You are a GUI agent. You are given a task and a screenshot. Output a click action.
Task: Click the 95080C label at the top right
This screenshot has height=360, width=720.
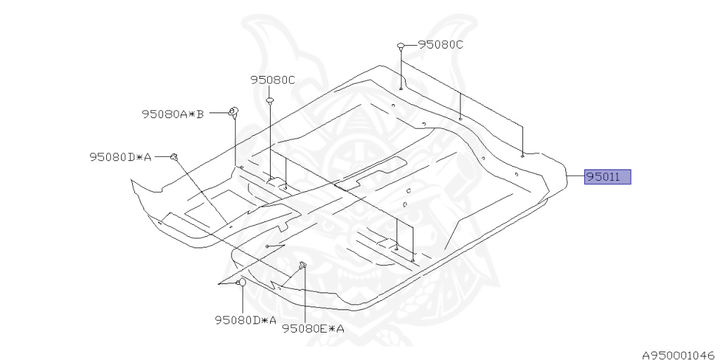point(441,44)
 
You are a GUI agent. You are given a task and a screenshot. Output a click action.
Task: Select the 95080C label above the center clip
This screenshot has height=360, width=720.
point(273,80)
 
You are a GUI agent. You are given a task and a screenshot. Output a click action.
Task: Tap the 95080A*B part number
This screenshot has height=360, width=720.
point(172,113)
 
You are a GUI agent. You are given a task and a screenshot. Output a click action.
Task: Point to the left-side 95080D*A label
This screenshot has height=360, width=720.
point(120,157)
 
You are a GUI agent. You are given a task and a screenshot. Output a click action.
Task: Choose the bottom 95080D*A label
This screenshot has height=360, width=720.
point(245,321)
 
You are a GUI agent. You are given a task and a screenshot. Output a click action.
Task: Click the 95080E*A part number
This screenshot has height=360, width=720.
point(313,328)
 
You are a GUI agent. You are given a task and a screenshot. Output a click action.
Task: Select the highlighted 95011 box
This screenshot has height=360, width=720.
point(607,177)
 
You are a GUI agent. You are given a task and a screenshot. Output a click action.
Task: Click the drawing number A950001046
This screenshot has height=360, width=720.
point(678,356)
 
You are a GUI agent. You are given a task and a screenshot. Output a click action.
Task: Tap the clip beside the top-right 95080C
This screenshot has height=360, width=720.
point(401,46)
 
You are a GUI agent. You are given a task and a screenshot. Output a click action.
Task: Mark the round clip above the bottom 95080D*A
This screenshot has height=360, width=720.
point(241,283)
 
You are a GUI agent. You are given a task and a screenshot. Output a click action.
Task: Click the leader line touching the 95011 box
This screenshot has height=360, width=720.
point(576,177)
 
